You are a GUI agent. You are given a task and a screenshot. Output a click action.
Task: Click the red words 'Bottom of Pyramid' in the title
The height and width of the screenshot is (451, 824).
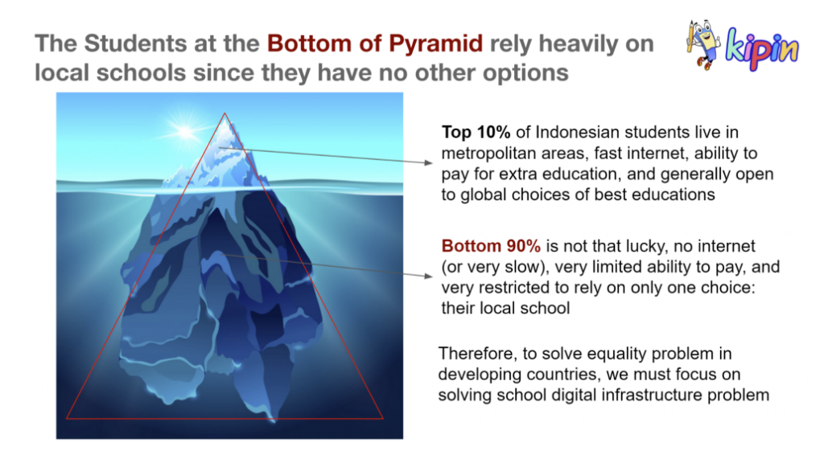point(375,43)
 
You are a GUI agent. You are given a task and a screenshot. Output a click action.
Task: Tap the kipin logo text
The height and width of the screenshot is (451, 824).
point(761,48)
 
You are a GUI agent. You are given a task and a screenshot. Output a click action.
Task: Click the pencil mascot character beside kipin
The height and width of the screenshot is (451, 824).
point(702,44)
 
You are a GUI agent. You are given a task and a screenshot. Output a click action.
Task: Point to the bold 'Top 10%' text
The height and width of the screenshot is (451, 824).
point(476,132)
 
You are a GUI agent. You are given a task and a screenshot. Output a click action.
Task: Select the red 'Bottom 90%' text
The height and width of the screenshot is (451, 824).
point(491,246)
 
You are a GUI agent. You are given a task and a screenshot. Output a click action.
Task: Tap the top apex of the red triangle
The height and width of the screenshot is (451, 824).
point(225,113)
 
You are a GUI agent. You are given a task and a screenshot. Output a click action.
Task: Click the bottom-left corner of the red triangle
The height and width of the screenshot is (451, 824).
point(67,419)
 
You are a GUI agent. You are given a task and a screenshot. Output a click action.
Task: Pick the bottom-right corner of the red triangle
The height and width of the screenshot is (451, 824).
point(383,419)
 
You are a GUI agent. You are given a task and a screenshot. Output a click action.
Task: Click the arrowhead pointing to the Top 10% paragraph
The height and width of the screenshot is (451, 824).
point(429,162)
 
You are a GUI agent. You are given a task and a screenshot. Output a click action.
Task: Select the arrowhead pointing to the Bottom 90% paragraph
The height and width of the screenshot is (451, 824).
point(429,276)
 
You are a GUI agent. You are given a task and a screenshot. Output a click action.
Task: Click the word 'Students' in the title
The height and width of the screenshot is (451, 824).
point(135,43)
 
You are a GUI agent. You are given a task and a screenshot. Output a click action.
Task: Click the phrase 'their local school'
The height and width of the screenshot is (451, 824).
point(505,308)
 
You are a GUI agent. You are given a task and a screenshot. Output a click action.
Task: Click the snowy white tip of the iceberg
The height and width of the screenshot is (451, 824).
point(225,137)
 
